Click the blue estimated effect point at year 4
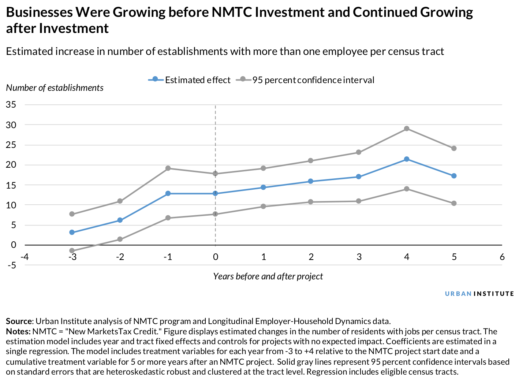[x=406, y=159]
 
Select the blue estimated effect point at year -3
[x=72, y=232]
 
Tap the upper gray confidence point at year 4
[x=406, y=129]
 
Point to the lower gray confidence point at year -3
[x=72, y=251]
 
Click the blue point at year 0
[x=215, y=193]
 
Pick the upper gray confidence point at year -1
[x=168, y=168]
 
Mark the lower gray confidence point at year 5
[x=454, y=203]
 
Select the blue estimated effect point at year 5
[x=454, y=176]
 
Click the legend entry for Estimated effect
[x=190, y=80]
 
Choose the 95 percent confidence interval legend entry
[x=305, y=80]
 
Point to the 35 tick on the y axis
[x=11, y=105]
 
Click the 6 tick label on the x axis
[x=502, y=257]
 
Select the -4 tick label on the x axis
[x=25, y=257]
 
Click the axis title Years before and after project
[x=268, y=276]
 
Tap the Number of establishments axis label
[x=55, y=88]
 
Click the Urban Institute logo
[x=479, y=294]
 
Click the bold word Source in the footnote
[x=19, y=322]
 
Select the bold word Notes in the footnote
[x=18, y=332]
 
